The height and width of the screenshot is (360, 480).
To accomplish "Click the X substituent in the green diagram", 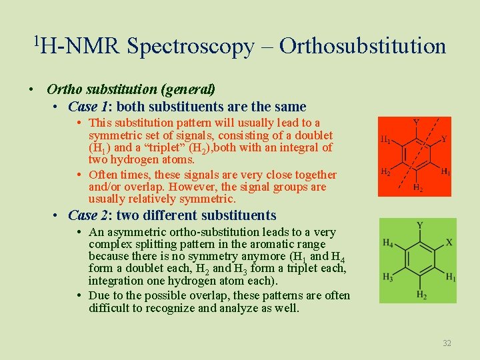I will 449,243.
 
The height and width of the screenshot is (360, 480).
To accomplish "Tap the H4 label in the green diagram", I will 388,243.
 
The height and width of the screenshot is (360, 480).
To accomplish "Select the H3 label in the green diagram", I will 388,277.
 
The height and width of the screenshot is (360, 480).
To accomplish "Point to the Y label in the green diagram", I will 419,225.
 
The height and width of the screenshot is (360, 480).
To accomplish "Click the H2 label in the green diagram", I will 421,294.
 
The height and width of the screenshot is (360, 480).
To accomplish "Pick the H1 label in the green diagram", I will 451,277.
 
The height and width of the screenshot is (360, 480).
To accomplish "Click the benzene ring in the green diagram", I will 419,259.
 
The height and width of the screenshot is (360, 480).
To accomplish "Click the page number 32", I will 447,343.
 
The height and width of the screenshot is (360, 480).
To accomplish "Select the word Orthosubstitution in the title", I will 363,46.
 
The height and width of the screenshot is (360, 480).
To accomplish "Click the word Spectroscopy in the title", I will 190,47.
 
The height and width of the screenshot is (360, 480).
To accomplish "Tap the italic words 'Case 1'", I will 83,107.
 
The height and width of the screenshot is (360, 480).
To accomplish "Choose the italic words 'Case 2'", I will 83,215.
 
